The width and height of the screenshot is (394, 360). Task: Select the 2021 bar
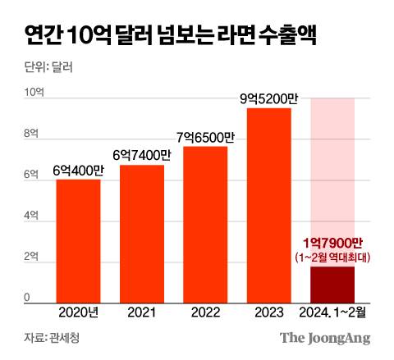click(x=142, y=233)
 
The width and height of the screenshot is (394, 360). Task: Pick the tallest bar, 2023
click(x=268, y=204)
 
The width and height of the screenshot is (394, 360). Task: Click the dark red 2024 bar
click(x=332, y=283)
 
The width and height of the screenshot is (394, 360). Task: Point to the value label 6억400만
click(x=78, y=170)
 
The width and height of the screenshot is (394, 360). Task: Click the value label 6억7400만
click(x=142, y=155)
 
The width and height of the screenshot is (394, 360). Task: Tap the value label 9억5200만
click(x=268, y=98)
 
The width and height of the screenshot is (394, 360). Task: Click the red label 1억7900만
click(x=332, y=244)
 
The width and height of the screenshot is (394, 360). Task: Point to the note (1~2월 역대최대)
click(x=332, y=257)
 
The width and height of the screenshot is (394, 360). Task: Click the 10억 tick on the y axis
click(x=32, y=92)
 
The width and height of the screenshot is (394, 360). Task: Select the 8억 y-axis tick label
click(x=30, y=133)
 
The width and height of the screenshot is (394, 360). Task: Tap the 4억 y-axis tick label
click(x=30, y=216)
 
